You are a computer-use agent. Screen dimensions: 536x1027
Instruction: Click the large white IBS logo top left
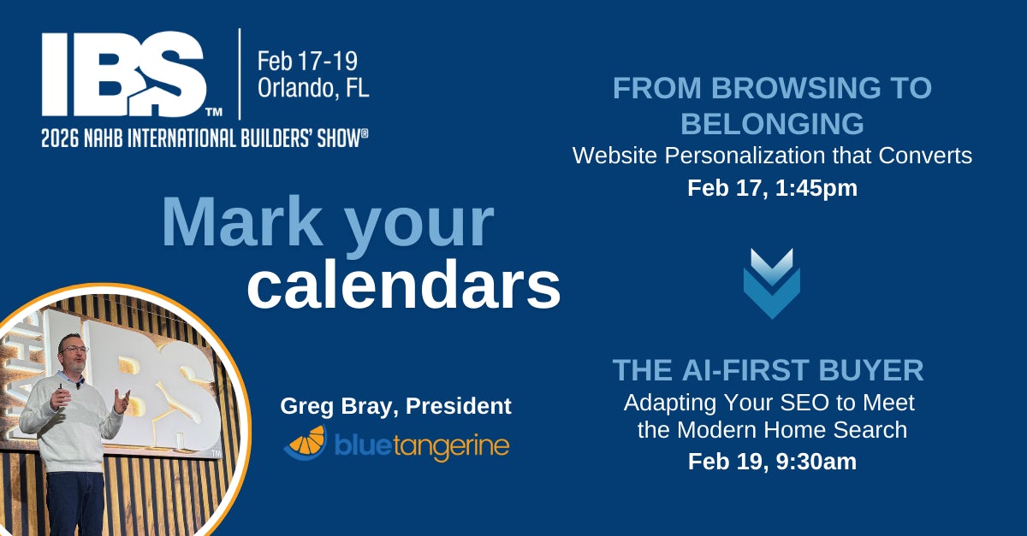coord(124,75)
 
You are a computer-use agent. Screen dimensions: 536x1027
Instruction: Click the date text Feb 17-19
coord(307,62)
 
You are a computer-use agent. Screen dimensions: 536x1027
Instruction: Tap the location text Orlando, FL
coord(313,88)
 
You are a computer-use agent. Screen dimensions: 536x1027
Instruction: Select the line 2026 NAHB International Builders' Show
coord(205,138)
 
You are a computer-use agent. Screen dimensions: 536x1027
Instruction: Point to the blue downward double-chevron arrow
coord(771,283)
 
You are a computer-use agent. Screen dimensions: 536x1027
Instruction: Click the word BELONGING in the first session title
coord(772,124)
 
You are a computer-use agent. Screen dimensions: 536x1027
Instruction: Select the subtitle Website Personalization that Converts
coord(772,156)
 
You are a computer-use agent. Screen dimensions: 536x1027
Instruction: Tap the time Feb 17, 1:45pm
coord(772,188)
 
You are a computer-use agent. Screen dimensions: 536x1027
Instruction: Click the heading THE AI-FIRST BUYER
coord(768,370)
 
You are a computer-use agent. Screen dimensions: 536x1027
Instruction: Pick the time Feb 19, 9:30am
coord(772,462)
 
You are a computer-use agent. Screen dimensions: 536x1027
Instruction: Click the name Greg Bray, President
coord(395,407)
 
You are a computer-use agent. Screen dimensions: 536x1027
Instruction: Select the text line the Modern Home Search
coord(772,429)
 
